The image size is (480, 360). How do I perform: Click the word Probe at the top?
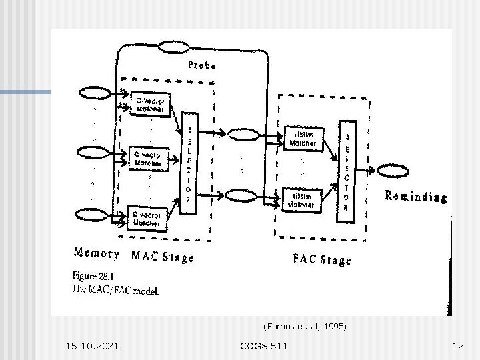coord(201,66)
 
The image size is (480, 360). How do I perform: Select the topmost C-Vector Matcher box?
coord(151,105)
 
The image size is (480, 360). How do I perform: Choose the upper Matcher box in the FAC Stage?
coord(303,138)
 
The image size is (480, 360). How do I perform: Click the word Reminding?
coord(415,197)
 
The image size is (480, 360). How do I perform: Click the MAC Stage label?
coord(163,256)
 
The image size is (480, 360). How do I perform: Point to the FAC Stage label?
coord(321,259)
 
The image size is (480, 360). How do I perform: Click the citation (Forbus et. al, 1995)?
coord(305,327)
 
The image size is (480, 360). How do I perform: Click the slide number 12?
coord(457,346)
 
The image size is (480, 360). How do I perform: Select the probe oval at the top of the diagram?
coord(173,47)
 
